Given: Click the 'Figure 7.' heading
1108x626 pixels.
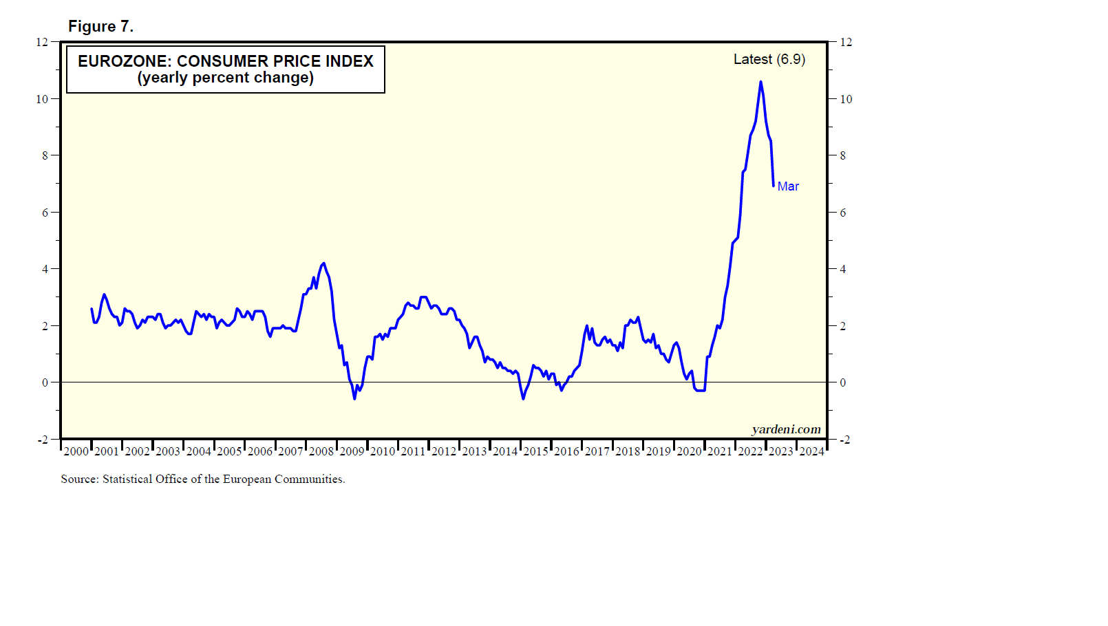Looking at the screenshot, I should [100, 26].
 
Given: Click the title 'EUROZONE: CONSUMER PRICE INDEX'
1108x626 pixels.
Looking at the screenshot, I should [225, 61].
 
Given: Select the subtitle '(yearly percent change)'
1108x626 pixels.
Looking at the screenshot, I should [225, 78].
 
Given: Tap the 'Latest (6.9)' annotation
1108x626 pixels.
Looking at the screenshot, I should [769, 59].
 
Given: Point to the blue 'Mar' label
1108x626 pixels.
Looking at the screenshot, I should [788, 186].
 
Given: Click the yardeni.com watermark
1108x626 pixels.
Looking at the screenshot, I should [786, 429].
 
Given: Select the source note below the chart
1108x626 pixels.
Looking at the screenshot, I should [203, 479].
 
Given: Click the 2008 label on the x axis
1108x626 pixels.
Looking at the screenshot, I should [321, 451].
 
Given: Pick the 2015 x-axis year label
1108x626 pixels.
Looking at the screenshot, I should [535, 451].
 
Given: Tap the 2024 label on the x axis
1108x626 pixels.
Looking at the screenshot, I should [811, 451].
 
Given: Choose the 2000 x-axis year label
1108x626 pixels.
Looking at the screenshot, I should [76, 451].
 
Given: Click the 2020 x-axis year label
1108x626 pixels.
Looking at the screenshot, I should [689, 451].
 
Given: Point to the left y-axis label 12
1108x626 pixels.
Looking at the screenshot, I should [42, 42].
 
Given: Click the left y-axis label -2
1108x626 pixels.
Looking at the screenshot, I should [42, 440].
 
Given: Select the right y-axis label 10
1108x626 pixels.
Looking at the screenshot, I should [846, 99].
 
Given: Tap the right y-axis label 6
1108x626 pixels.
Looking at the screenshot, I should [842, 213].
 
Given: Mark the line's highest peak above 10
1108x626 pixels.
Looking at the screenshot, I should [760, 82].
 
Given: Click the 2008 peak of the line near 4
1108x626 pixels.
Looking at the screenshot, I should [323, 263].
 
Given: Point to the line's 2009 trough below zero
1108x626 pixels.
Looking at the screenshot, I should [354, 398].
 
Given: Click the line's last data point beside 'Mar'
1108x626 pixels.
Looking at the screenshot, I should [774, 186].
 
